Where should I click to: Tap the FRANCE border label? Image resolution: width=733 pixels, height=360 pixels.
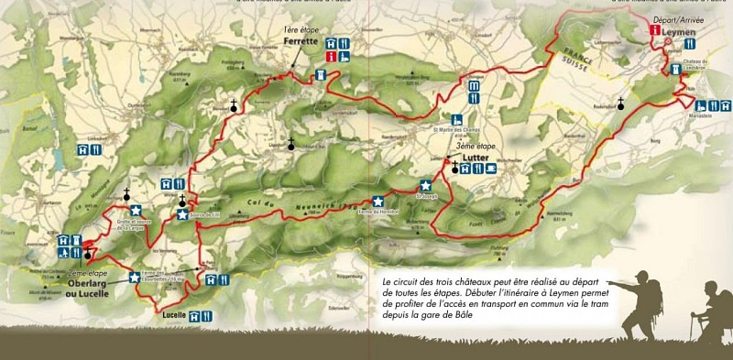tap(580, 54)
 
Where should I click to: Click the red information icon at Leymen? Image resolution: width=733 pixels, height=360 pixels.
tap(654, 30)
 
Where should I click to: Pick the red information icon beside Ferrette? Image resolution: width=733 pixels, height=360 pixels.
tap(332, 57)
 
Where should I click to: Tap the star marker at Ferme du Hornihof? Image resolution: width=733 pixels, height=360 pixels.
tap(377, 202)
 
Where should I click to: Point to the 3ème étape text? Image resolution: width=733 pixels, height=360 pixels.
tap(472, 158)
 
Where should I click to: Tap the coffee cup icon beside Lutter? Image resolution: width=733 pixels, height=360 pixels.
tap(491, 168)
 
